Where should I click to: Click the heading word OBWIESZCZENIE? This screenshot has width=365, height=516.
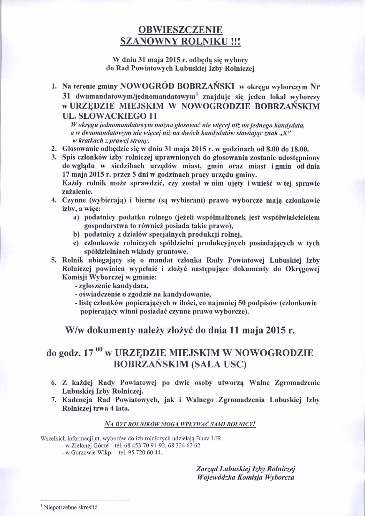181,31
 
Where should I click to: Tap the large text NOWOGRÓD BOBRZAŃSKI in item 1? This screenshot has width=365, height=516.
177,86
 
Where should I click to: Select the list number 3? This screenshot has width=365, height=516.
53,158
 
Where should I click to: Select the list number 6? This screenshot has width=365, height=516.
53,383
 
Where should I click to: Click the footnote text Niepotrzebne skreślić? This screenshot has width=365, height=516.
71,508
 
